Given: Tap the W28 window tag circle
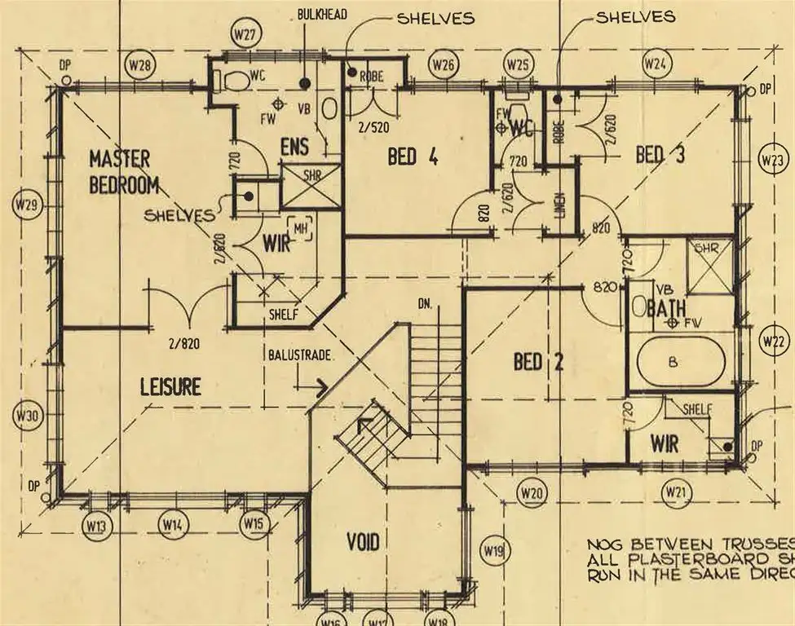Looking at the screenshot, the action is point(139,64).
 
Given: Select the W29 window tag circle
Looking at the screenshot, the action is point(26,205).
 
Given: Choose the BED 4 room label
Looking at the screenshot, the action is point(413,156).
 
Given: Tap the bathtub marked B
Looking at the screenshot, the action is point(674,363).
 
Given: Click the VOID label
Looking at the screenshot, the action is point(363,540).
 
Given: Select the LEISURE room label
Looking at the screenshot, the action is point(170,386).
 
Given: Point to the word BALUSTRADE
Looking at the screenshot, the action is point(299,355).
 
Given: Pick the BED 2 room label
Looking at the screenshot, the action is point(538,361).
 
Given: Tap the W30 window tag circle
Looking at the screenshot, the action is point(26,416).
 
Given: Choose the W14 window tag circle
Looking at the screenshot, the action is point(172,523).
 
